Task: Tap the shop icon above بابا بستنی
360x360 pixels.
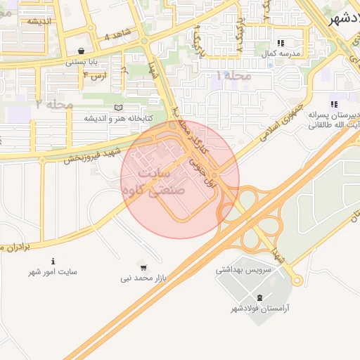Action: [x=82, y=51]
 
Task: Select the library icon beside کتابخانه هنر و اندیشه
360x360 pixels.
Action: [x=117, y=107]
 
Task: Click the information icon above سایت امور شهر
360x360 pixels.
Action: [x=53, y=261]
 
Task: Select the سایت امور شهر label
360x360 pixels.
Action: [x=53, y=271]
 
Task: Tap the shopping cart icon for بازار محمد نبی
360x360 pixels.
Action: [x=143, y=268]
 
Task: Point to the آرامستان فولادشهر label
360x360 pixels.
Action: [x=261, y=309]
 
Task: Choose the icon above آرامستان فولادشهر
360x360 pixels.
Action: [x=261, y=297]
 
